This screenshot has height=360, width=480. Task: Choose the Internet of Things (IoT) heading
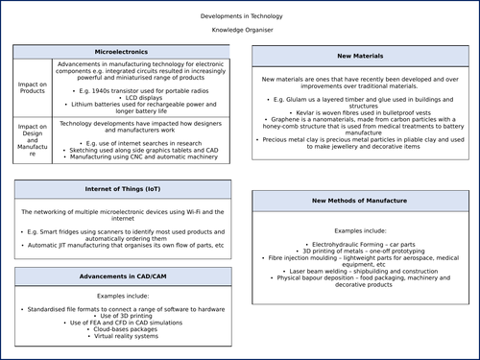(122, 190)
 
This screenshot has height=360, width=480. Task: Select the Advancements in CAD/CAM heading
(122, 276)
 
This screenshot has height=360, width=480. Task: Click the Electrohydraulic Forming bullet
(359, 246)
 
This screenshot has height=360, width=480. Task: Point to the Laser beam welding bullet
(359, 271)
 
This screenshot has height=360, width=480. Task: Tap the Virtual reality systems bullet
(122, 337)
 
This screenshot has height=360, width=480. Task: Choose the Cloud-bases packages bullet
(122, 329)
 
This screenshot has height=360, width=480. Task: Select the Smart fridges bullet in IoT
(122, 236)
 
